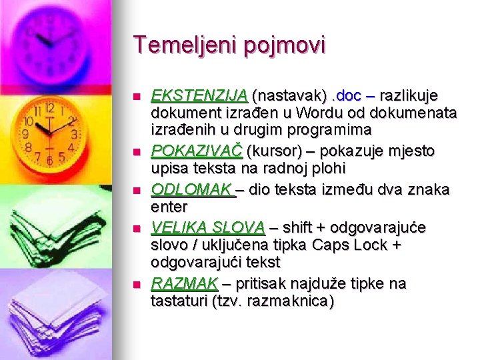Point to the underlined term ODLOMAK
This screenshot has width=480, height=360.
[x=192, y=190]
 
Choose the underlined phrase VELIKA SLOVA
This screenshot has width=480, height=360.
[x=208, y=228]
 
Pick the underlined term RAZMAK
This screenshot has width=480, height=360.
[x=185, y=283]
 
